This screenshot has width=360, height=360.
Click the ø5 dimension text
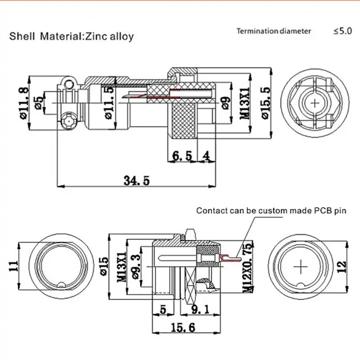(40, 102)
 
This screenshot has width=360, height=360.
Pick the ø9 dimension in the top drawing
(226, 103)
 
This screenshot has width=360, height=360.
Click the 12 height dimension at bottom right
(343, 267)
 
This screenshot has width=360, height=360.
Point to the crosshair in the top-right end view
(314, 103)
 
